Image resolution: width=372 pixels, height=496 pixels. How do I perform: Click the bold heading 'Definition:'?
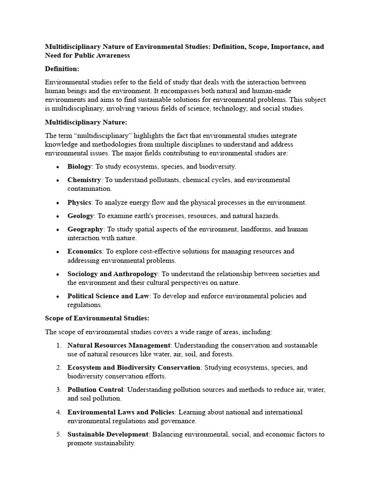click(62, 69)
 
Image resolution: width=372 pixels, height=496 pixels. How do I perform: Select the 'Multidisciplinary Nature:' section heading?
click(86, 122)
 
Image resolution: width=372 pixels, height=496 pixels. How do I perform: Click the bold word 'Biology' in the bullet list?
click(79, 167)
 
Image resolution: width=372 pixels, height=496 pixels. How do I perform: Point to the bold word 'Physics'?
click(79, 202)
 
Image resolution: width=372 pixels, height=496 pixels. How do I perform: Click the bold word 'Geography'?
click(85, 229)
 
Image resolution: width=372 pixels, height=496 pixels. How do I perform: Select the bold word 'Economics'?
click(85, 251)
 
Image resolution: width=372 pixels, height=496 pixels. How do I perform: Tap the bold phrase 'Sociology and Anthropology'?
click(112, 274)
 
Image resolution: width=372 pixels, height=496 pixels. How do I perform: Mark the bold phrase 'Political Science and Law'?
click(108, 296)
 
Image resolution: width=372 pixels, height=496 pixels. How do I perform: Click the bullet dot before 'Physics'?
click(57, 203)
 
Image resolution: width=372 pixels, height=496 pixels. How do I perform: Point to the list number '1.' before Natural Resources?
click(58, 345)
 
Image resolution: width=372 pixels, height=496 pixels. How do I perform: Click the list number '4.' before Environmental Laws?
click(58, 412)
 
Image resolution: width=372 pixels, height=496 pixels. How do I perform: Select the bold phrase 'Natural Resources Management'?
click(119, 345)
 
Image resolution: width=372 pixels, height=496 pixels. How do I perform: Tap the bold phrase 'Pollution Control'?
click(95, 390)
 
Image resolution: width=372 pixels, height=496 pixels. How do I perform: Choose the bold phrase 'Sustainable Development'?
click(108, 434)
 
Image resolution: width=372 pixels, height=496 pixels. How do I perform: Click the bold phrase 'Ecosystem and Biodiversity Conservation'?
click(134, 368)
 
